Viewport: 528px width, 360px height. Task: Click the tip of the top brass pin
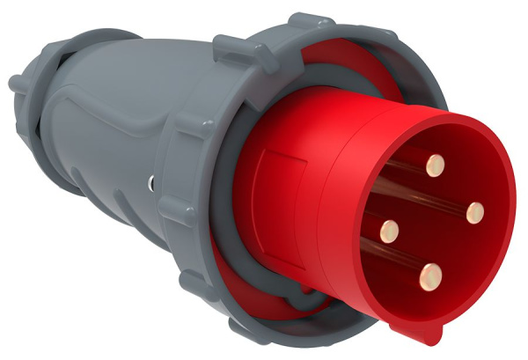(x=434, y=164)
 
